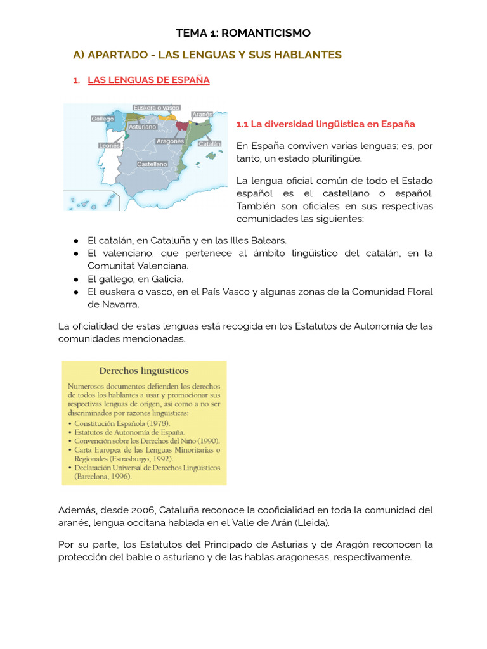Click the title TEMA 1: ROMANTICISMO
243,33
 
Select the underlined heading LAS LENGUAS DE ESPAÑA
148,80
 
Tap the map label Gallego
102,119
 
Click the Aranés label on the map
202,115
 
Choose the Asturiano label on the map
143,127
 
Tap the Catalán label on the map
209,144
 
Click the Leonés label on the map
110,145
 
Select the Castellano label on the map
152,164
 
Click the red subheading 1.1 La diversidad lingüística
325,124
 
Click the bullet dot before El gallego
75,279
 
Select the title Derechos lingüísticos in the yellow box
143,371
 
